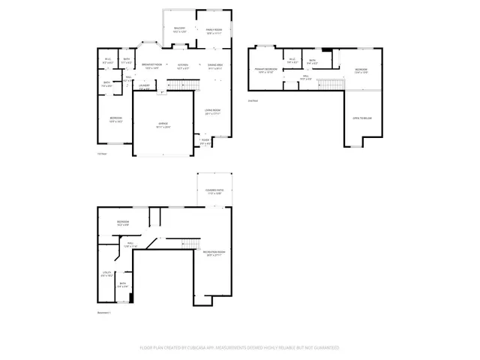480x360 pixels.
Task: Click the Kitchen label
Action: (183, 65)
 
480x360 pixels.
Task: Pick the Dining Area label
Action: (215, 65)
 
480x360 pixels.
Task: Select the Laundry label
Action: (145, 85)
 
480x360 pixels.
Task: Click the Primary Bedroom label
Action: (265, 70)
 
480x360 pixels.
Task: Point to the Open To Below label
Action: (362, 118)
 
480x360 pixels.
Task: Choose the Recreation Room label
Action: (216, 252)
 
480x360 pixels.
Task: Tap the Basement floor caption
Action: (104, 312)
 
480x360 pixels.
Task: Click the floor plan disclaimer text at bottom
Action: (239, 347)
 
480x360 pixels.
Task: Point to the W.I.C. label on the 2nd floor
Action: (292, 60)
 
